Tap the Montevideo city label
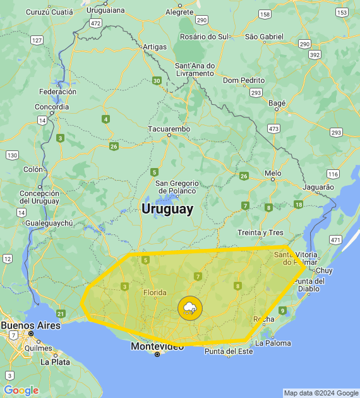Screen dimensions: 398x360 coord(157,346)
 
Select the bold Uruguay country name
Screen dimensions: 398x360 coord(167,208)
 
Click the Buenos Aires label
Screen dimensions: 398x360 coord(30,325)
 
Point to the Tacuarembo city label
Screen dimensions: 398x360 coord(169,129)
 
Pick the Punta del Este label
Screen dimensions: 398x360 coord(229,351)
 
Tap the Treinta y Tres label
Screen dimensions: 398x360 coord(261,232)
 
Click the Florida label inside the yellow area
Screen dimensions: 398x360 coord(155,292)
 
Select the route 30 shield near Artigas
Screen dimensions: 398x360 coord(157,80)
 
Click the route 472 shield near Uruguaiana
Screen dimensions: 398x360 coord(95,23)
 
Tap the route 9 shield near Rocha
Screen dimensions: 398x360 coord(282,310)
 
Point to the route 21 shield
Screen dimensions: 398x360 coord(61,313)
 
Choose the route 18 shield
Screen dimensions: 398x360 coord(298,205)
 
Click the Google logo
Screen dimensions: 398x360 coord(21,390)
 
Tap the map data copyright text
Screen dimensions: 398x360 coord(320,393)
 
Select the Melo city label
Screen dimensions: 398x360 coord(273,172)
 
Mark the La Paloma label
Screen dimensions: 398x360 coord(273,343)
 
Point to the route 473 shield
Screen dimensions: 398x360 coord(273,128)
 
